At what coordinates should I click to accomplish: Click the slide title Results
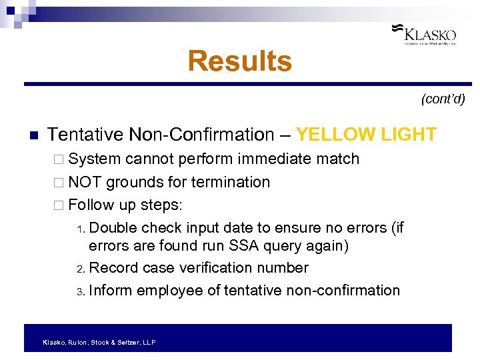pos(240,61)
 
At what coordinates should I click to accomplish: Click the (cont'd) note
pos(443,100)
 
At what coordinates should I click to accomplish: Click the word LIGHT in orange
pos(409,135)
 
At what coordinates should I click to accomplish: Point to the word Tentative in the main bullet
pos(86,135)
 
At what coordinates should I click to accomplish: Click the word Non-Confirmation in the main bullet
pos(201,135)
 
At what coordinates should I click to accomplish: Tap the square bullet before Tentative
pos(31,136)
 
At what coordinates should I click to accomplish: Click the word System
pos(95,159)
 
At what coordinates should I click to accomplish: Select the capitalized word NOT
pos(85,182)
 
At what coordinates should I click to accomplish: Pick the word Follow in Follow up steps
pos(91,204)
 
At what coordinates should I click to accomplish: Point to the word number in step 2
pos(282,268)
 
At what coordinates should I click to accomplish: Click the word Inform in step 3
pos(110,291)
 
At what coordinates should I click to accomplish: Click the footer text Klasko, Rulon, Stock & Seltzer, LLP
pos(99,342)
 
